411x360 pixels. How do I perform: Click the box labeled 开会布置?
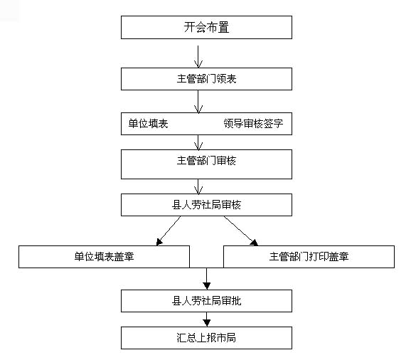click(206, 27)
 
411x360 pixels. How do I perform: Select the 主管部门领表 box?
click(206, 79)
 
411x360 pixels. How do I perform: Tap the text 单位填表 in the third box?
click(148, 124)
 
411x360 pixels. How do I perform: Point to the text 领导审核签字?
click(253, 124)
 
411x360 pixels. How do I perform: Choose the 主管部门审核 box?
click(206, 164)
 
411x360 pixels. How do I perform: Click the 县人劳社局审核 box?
click(206, 205)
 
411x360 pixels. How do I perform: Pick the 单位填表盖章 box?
click(104, 257)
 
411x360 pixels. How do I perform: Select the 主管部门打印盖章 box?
click(309, 257)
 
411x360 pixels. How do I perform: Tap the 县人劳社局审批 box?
click(206, 301)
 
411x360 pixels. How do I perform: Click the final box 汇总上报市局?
click(206, 338)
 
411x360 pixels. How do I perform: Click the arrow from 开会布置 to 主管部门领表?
click(198, 57)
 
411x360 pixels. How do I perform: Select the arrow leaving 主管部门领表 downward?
click(198, 102)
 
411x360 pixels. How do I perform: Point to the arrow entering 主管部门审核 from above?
click(198, 142)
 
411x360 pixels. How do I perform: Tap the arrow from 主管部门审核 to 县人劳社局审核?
click(198, 186)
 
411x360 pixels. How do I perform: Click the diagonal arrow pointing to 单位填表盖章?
click(169, 231)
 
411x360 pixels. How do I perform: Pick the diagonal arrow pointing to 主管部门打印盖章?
click(240, 231)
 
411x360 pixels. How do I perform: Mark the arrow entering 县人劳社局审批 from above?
click(207, 279)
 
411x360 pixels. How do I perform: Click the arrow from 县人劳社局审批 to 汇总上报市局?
click(207, 319)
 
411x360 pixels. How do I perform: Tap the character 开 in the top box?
click(188, 27)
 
